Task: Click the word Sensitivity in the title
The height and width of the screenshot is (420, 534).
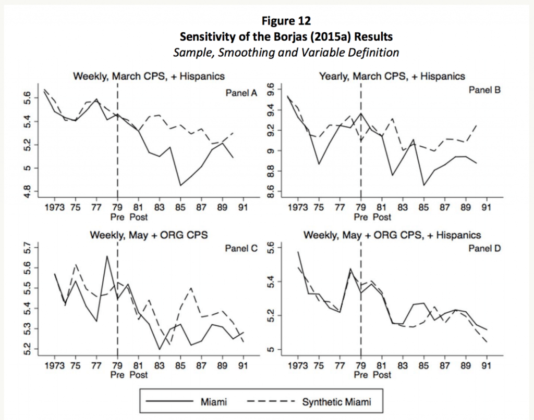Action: [x=205, y=37]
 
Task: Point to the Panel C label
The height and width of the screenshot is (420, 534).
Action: [x=241, y=248]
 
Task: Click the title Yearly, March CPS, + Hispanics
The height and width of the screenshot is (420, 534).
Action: [x=392, y=77]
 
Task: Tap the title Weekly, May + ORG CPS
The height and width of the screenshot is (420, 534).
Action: [x=149, y=235]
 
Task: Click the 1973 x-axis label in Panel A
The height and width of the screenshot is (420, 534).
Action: [x=55, y=206]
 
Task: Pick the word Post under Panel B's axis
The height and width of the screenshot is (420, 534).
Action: [x=381, y=217]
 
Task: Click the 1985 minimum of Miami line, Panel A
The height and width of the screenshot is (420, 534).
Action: [x=180, y=185]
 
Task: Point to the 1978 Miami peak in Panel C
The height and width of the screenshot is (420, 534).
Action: [x=107, y=256]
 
